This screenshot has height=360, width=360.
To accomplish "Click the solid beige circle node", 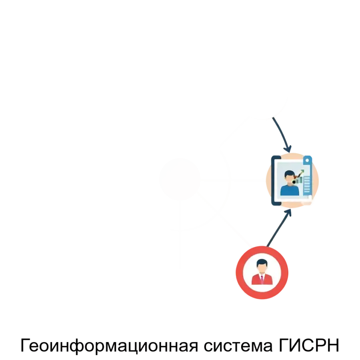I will pyautogui.click(x=180, y=178).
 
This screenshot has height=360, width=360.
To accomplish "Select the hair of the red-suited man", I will pyautogui.click(x=262, y=262).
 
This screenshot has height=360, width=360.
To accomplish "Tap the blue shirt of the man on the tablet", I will pyautogui.click(x=290, y=190).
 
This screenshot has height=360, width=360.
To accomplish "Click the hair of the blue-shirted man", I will pyautogui.click(x=289, y=173).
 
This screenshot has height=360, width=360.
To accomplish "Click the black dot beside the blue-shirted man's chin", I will pyautogui.click(x=294, y=182).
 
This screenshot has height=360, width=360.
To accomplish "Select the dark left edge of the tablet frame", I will pyautogui.click(x=273, y=180).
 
